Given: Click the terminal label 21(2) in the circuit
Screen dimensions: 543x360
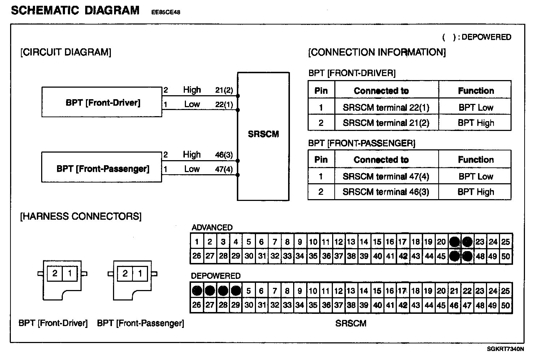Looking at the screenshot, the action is pos(224,90).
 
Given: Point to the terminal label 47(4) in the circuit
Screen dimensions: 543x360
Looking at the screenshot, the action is pos(224,169).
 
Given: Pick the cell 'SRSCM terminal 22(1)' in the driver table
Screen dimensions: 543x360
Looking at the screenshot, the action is pos(386,107).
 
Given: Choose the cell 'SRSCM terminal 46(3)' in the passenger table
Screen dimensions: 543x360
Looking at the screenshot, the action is pos(386,192).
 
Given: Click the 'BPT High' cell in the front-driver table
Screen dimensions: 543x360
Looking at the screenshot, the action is pos(475,123).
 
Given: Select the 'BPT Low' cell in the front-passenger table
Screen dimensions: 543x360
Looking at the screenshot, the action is pos(475,176).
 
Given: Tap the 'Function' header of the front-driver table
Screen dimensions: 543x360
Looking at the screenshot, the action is pos(475,91).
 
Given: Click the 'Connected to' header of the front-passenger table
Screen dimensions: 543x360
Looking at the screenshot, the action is pos(381,160).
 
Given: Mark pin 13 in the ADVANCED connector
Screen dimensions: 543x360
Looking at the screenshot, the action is pos(351,242).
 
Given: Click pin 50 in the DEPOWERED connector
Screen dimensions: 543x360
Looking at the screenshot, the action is pos(505,306).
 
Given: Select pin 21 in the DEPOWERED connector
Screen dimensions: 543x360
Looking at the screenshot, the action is pos(454,291).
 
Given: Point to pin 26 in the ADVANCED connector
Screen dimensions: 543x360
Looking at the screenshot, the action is pos(197,256).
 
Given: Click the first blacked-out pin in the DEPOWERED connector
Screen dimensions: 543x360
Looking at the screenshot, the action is pos(197,291).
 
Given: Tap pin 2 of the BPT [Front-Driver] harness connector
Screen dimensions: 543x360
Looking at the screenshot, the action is pos(55,273).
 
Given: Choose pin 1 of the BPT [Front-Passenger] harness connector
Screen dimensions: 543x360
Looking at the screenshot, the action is pos(140,273).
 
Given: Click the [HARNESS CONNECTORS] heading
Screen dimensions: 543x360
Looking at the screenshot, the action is pos(81,216).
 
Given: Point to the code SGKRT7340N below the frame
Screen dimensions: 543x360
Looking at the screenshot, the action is pos(505,349).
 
